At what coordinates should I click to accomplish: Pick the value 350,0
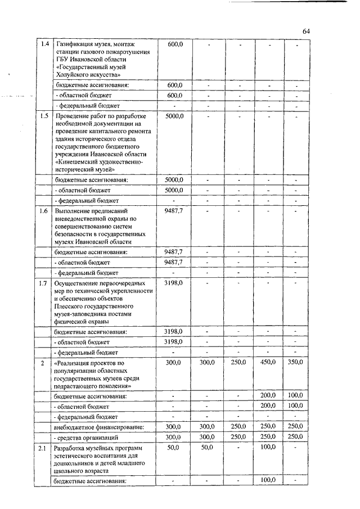tap(295, 363)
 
